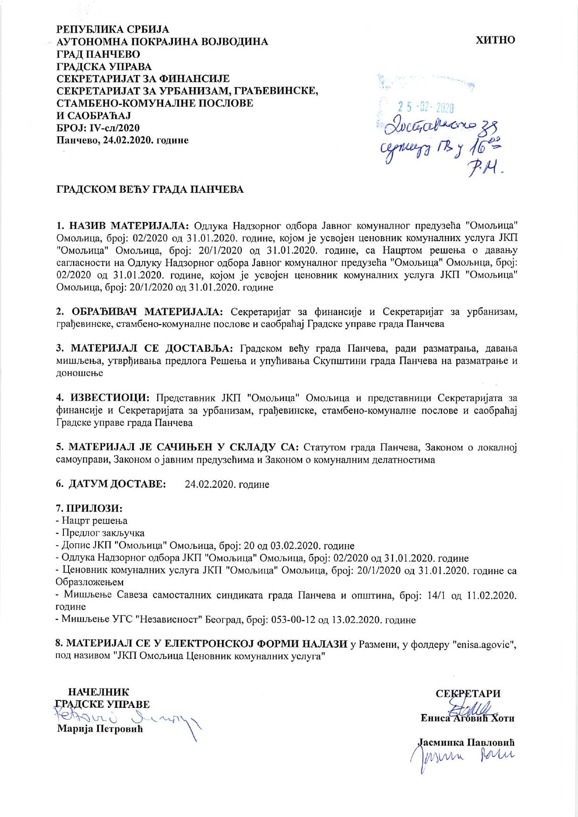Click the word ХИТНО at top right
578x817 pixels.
tap(495, 40)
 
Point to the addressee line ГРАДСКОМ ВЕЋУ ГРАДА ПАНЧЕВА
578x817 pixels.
tap(150, 190)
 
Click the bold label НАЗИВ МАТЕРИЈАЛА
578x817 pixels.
tap(129, 226)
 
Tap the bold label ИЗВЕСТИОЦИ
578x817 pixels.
tap(110, 398)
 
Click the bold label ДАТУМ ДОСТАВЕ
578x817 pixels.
tap(117, 484)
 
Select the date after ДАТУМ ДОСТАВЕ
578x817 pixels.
tap(227, 484)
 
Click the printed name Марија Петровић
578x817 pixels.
tap(100, 728)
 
